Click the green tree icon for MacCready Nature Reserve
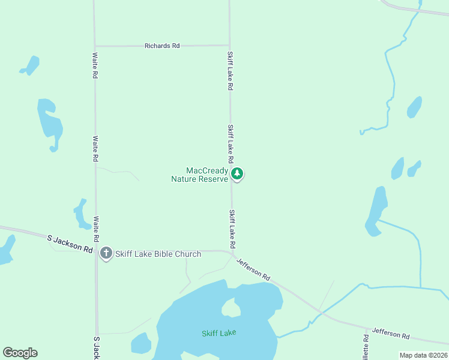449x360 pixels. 237,174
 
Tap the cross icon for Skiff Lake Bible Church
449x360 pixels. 106,253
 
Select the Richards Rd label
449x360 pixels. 162,46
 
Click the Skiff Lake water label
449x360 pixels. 218,333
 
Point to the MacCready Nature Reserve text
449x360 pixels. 199,175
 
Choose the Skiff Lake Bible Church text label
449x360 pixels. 158,254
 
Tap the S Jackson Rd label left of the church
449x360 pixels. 71,244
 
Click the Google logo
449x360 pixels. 20,353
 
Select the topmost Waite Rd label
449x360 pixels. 95,65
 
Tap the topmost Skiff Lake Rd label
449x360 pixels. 230,70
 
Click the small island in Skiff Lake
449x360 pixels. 231,308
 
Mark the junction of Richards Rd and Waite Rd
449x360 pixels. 95,46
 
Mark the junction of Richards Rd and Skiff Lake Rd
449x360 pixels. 229,45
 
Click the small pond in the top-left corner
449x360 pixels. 30,65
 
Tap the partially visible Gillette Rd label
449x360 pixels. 365,347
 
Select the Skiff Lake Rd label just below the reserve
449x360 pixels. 231,230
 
